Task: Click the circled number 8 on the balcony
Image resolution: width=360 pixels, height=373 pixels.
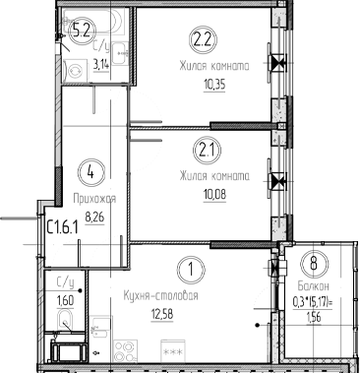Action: coord(313,263)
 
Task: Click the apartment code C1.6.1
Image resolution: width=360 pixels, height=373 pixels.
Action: coord(64,226)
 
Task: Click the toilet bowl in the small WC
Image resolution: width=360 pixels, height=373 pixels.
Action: coord(65,320)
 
